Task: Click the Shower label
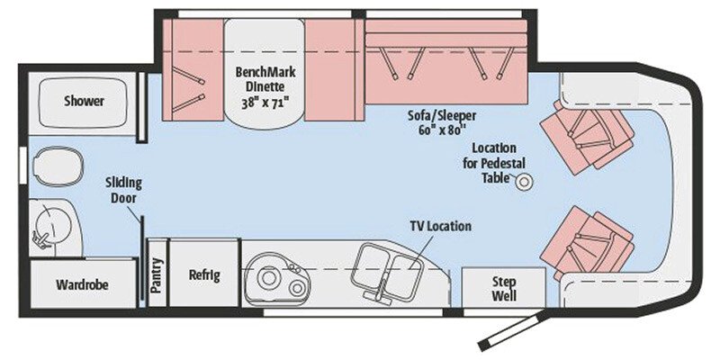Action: click(83, 101)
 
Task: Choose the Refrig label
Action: click(204, 275)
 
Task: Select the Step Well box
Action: click(503, 287)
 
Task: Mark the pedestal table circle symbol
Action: click(524, 182)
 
